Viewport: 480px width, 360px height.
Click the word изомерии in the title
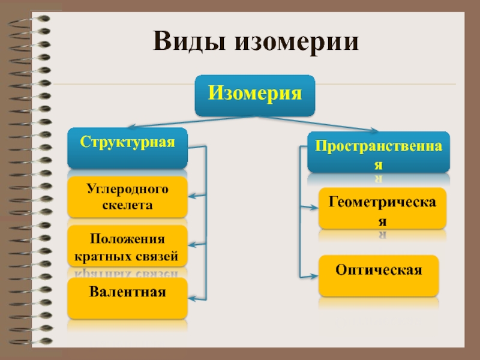pyautogui.click(x=290, y=43)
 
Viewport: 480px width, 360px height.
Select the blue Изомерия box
pyautogui.click(x=254, y=95)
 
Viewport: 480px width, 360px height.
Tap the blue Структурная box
pyautogui.click(x=127, y=148)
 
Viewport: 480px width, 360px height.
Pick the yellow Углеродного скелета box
pyautogui.click(x=127, y=197)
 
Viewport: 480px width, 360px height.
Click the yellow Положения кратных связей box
pyautogui.click(x=127, y=247)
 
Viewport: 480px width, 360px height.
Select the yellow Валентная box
pyautogui.click(x=127, y=298)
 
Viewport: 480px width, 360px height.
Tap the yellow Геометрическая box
pyautogui.click(x=382, y=209)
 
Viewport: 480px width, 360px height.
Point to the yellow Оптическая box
pyautogui.click(x=379, y=275)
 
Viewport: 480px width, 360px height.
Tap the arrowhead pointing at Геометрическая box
pyautogui.click(x=314, y=208)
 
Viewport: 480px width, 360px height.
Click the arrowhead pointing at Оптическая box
pyautogui.click(x=314, y=276)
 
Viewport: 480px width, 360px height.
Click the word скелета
pyautogui.click(x=127, y=205)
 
